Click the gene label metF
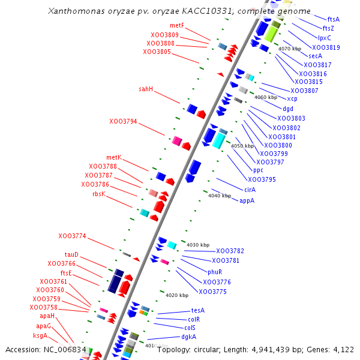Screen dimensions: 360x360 pos(177,26)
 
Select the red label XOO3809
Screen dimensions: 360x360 pos(164,35)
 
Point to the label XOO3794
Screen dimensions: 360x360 pos(123,121)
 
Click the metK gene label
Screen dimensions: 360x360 pos(114,157)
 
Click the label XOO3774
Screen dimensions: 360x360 pos(72,236)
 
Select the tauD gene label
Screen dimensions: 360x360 pos(71,254)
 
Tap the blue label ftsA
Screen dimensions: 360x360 pos(334,19)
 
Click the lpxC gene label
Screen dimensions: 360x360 pos(325,37)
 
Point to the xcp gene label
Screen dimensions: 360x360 pos(292,98)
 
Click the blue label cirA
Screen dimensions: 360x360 pos(250,190)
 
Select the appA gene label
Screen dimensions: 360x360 pos(247,200)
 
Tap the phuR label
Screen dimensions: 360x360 pos(215,272)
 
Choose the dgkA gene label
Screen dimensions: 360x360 pos(188,337)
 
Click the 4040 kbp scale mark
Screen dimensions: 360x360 pos(220,196)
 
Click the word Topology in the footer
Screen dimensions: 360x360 pos(175,349)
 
